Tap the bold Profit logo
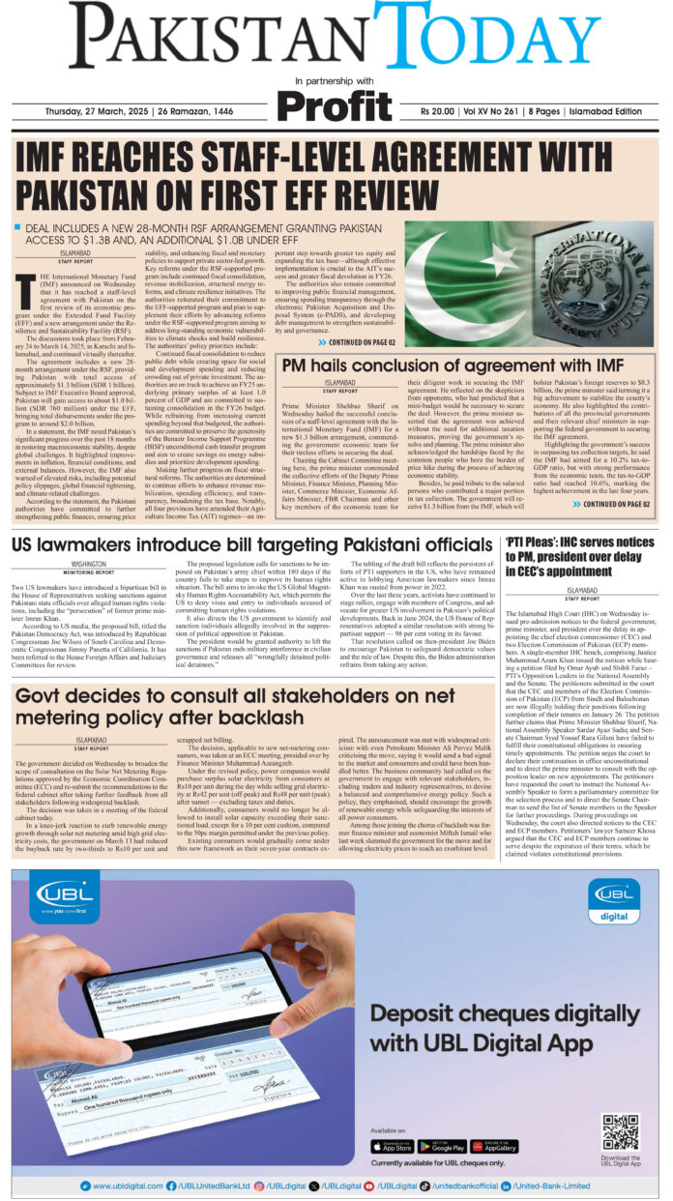336,101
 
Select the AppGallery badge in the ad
493,1145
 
